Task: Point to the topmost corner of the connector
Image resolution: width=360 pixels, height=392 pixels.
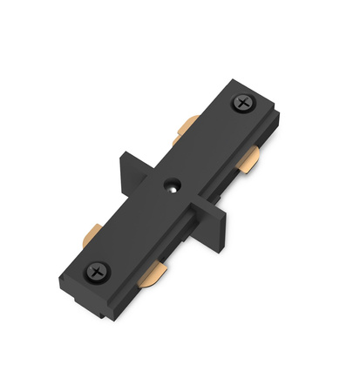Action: (228, 81)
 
